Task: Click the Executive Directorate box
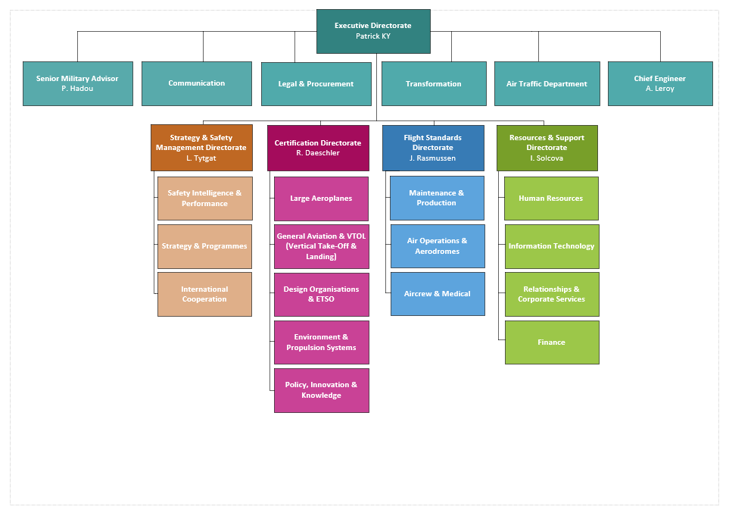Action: (x=373, y=31)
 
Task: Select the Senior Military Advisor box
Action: (x=77, y=83)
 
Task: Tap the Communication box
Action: (x=197, y=83)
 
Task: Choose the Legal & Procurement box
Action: (x=316, y=83)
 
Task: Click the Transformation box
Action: (x=434, y=83)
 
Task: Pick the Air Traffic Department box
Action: (x=547, y=83)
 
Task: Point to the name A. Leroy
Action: (x=659, y=89)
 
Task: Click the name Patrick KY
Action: (x=373, y=36)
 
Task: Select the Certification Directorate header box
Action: (x=318, y=148)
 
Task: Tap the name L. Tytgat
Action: (x=201, y=158)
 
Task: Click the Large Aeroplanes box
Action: (x=321, y=199)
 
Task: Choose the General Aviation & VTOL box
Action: (x=321, y=246)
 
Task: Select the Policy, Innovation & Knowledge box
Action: (x=321, y=390)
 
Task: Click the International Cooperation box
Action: (x=204, y=294)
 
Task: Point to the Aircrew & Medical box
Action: (x=438, y=294)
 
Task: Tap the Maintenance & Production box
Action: (x=437, y=199)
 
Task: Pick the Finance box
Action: (x=551, y=342)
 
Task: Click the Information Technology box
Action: (x=551, y=246)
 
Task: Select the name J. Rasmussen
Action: (x=433, y=158)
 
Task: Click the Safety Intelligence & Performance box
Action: (x=204, y=199)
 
